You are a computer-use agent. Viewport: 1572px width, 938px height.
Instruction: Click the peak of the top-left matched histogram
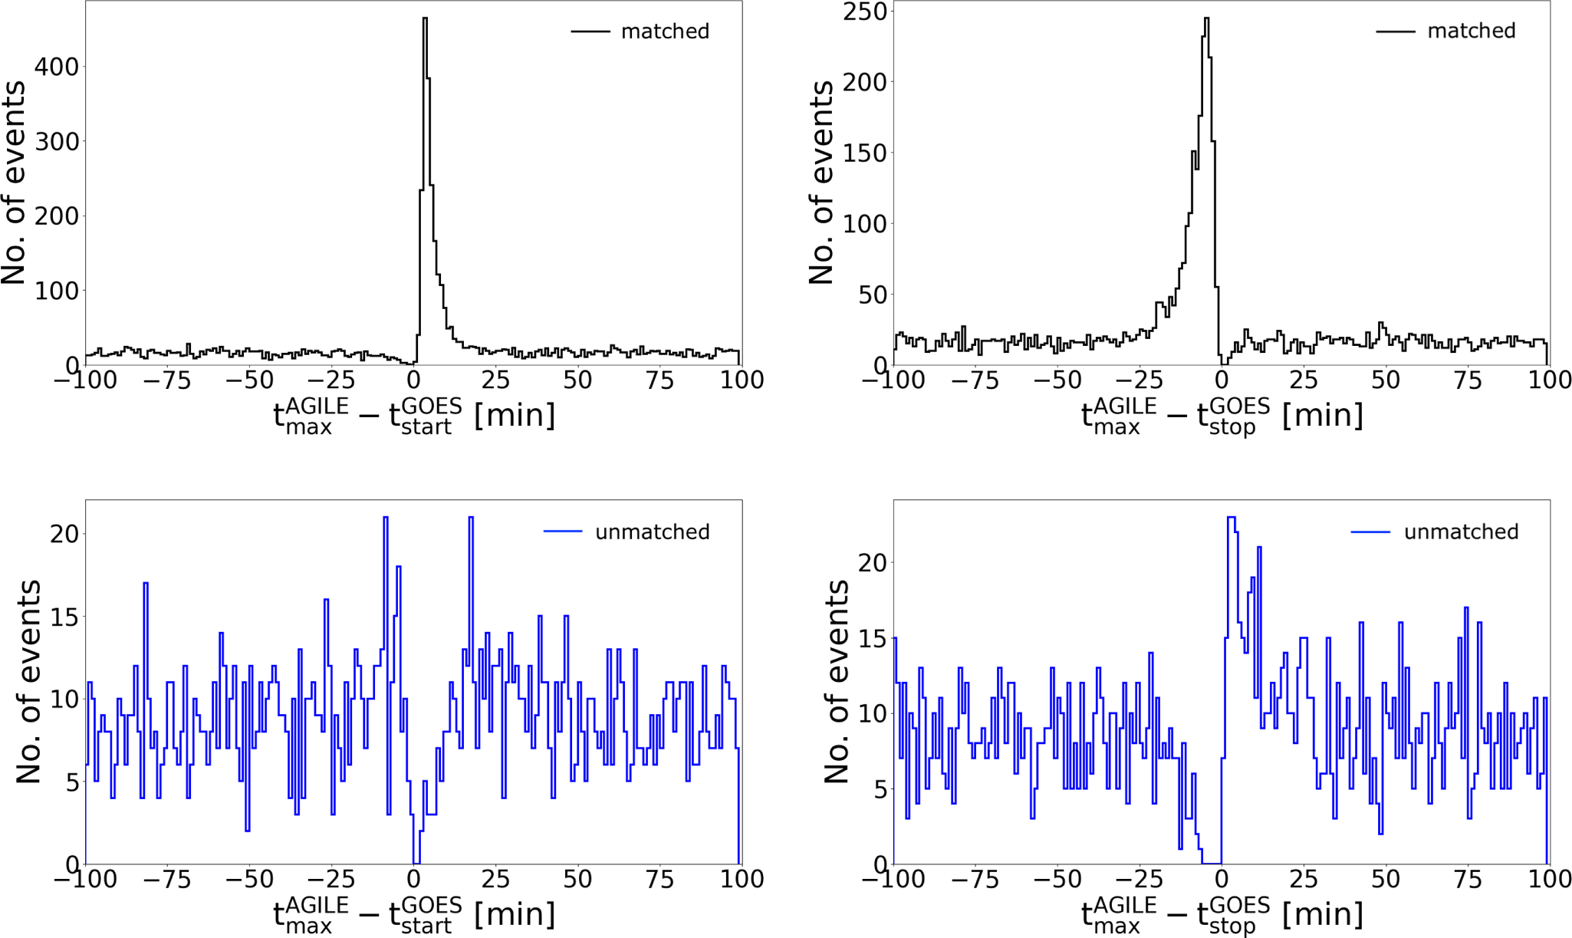[425, 19]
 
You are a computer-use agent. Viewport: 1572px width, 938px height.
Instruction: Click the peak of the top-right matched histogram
[1206, 19]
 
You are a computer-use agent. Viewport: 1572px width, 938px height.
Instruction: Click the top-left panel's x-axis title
[414, 416]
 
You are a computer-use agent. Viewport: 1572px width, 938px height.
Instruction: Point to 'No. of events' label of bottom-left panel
[28, 681]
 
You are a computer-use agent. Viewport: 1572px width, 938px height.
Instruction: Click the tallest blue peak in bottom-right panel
[1231, 518]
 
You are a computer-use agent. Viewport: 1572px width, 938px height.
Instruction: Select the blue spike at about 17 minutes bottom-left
[470, 518]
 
